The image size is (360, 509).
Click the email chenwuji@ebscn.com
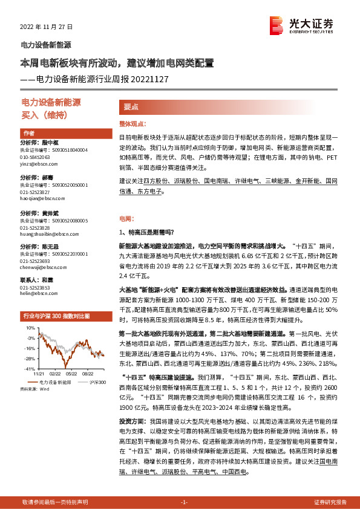click(41, 267)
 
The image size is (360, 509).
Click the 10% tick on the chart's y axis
click(30, 327)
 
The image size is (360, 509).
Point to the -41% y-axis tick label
click(29, 368)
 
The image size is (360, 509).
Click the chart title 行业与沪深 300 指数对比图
click(56, 316)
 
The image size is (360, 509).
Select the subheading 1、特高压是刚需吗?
click(147, 232)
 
